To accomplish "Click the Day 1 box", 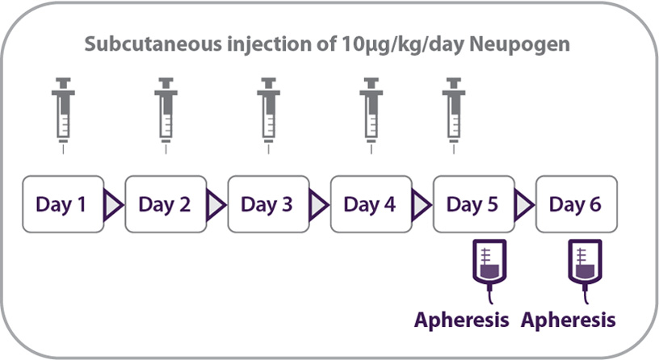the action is [x=62, y=203].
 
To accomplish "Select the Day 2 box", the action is [x=165, y=203].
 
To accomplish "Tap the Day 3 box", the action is [x=267, y=203].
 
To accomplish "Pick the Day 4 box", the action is [x=370, y=203].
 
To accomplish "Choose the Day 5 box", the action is [x=472, y=203].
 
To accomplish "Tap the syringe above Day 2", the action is [x=165, y=112].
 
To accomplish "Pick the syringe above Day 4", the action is [x=370, y=112].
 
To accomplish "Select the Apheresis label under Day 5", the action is [x=461, y=320].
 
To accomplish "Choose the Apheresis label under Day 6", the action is [x=568, y=320].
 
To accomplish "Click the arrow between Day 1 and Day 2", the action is [x=113, y=204].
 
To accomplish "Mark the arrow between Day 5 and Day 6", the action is [x=523, y=204].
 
